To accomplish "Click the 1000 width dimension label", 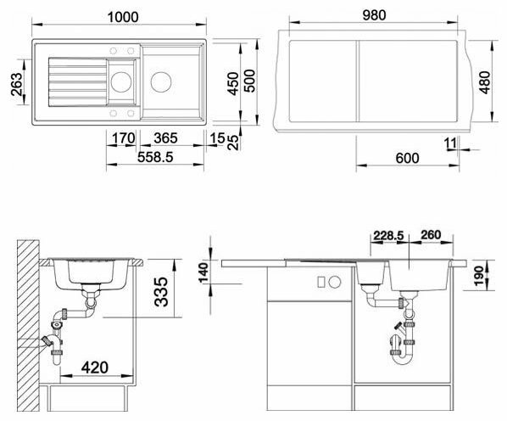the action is click(123, 17).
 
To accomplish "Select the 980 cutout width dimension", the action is click(374, 15).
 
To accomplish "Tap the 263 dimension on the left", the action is click(17, 84).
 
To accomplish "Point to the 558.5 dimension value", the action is click(155, 157).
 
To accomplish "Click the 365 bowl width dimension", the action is click(165, 138).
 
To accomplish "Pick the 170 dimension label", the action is click(124, 138).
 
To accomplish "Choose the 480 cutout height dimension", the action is click(485, 82).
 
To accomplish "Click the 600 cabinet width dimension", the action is click(407, 158).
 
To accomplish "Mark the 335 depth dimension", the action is click(161, 292).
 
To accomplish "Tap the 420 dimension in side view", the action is click(95, 368).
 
